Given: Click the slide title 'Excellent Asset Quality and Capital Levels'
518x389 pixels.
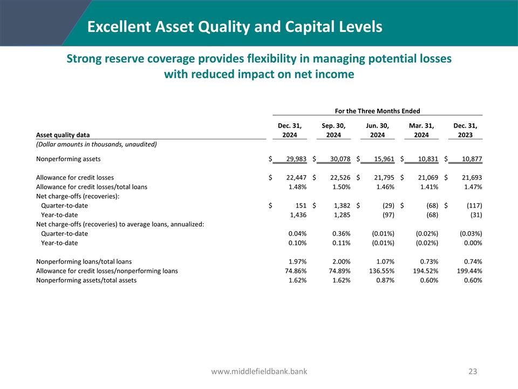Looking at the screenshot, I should click(235, 26).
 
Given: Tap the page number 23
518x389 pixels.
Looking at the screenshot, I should click(473, 371).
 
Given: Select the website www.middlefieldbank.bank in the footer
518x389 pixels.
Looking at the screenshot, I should click(259, 371).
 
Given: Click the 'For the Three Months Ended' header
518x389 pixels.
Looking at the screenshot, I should click(377, 111).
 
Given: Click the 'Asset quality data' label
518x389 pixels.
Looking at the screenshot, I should click(63, 135).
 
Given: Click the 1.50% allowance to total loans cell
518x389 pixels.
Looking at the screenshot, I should click(340, 186).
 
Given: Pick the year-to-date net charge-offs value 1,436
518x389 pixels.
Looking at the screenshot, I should click(297, 214).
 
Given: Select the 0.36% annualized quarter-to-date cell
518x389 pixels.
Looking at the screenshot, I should click(340, 233).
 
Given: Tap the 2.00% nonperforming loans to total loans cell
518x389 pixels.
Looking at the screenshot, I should click(340, 261).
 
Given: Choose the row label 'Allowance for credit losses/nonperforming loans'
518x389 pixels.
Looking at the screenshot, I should click(107, 271).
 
